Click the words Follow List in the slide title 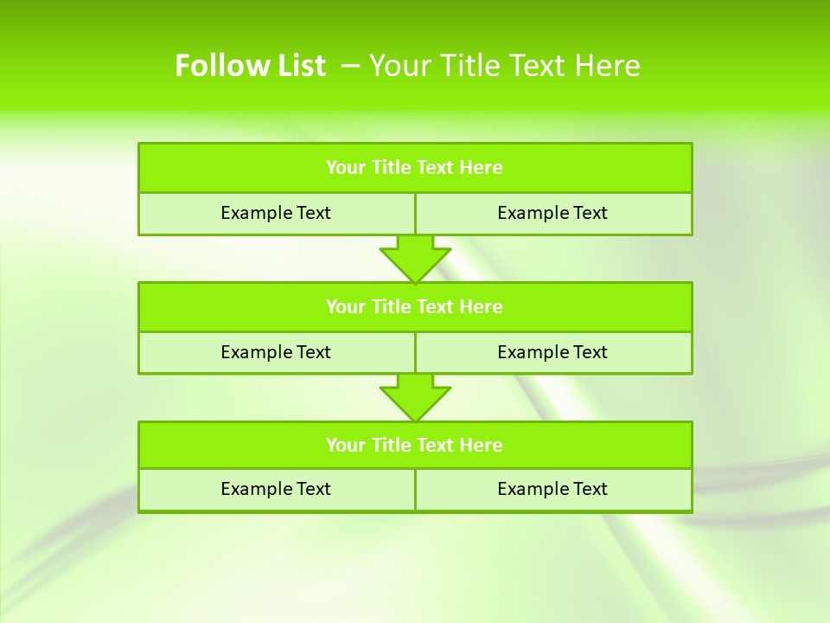250,66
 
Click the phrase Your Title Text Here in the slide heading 505,66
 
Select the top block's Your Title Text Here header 414,168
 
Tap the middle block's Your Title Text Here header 414,307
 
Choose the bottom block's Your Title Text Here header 414,446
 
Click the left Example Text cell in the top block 276,213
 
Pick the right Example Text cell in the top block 552,213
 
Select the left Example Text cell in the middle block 276,352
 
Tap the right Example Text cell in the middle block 552,352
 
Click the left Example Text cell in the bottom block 276,489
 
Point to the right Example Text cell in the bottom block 552,489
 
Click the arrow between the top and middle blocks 415,259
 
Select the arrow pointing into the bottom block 415,397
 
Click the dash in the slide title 350,66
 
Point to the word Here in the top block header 481,168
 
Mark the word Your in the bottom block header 345,446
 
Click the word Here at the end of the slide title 611,66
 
